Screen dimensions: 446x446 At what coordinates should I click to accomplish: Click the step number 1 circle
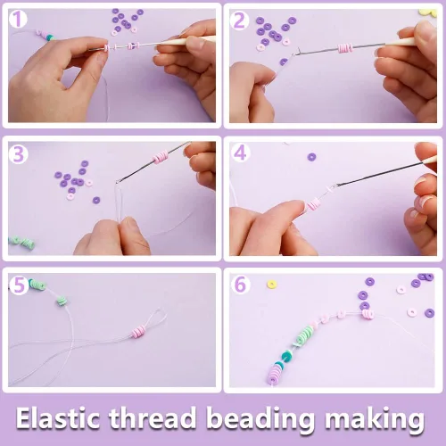tap(18, 20)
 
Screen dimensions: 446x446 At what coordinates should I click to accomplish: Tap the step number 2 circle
tap(239, 21)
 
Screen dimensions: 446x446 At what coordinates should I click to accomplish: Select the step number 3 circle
tap(18, 154)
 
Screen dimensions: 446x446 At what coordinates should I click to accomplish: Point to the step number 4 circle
tap(240, 153)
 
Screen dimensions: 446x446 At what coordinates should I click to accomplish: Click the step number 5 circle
tap(19, 285)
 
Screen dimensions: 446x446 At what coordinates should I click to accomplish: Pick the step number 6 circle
tap(240, 285)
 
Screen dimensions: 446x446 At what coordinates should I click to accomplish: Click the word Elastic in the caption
tap(58, 417)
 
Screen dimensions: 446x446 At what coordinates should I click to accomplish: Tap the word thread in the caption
tap(153, 417)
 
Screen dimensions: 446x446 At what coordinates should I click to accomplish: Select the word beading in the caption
tap(260, 419)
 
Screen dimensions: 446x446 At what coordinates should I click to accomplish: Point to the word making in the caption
tap(375, 419)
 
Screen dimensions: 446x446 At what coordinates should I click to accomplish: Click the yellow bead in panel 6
tap(271, 284)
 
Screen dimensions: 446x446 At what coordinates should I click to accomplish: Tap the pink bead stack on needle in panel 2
tap(345, 47)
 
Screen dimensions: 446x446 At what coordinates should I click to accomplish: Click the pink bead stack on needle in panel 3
tap(161, 156)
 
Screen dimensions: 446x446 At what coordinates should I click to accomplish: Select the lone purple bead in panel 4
tap(311, 157)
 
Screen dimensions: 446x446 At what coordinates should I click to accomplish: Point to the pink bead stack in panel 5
tap(139, 331)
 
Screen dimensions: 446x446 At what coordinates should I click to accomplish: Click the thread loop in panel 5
tap(155, 318)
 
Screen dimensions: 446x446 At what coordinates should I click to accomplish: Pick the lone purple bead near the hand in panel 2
tap(284, 62)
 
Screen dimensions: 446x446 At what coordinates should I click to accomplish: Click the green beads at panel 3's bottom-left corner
tap(21, 242)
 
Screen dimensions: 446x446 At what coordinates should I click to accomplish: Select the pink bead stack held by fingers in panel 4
tap(313, 204)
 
